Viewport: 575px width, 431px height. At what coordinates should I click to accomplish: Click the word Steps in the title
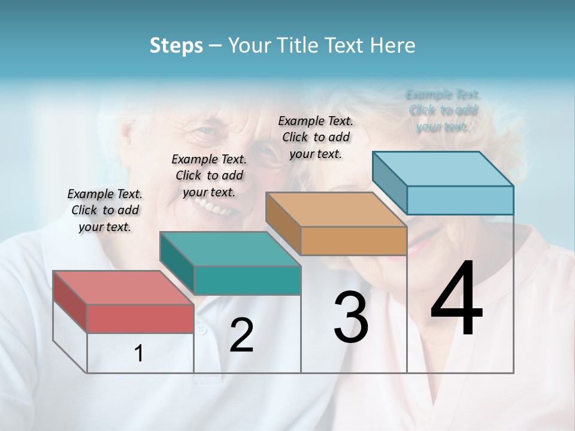click(x=176, y=45)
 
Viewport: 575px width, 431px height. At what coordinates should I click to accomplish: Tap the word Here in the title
click(x=394, y=45)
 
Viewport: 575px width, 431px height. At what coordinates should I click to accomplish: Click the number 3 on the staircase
click(x=351, y=317)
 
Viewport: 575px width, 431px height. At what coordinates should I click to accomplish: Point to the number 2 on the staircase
click(x=241, y=335)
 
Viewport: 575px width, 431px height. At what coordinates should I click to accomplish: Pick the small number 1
click(x=139, y=354)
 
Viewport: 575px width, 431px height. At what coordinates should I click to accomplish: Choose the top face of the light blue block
click(x=443, y=169)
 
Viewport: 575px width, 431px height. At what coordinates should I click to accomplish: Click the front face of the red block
click(x=140, y=318)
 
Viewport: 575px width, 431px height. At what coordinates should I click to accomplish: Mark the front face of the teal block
click(x=247, y=281)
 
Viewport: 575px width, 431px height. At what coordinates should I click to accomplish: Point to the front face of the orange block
click(x=353, y=241)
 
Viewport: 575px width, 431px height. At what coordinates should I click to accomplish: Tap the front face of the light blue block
click(x=460, y=200)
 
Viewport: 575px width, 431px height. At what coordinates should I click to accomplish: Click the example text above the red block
click(x=105, y=210)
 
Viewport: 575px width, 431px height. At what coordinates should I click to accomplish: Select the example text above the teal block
click(x=209, y=175)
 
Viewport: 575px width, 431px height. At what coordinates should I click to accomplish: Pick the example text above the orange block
click(x=316, y=137)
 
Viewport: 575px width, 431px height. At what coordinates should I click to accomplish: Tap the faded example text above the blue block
click(x=443, y=110)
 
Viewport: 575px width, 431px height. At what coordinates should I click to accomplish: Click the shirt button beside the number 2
click(x=202, y=330)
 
